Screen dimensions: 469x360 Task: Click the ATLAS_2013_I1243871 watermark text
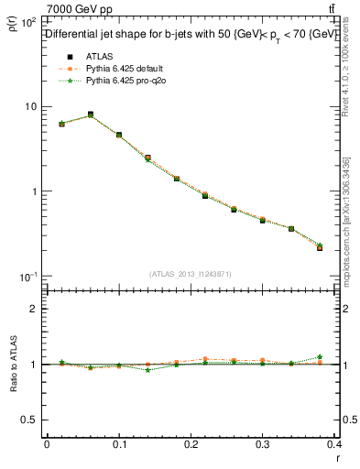pos(190,274)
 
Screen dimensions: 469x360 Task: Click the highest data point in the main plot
pos(90,115)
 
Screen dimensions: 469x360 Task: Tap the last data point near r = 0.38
pos(319,247)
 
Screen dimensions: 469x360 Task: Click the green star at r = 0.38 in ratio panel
pos(319,356)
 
